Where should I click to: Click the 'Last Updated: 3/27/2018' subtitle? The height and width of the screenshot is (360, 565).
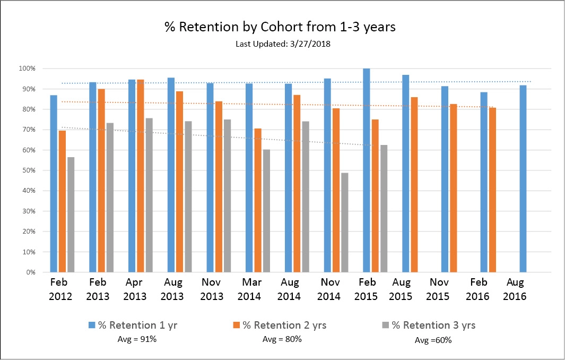[x=283, y=44]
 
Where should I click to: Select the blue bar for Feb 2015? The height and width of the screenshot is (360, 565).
[x=367, y=170]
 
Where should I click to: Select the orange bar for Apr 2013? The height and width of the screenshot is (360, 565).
[x=141, y=176]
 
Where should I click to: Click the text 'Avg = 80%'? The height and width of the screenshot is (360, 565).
[x=282, y=339]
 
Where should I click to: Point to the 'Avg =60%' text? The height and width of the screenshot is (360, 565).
[x=433, y=340]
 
